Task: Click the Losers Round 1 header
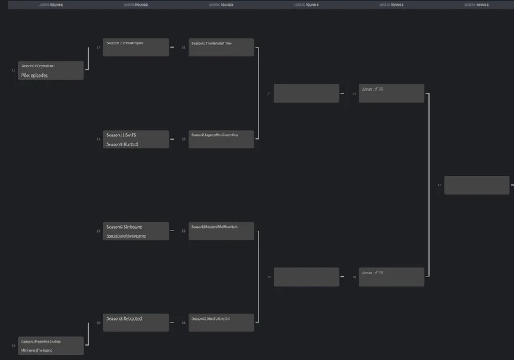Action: [50, 5]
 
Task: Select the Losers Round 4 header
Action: [306, 5]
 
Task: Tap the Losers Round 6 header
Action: [476, 5]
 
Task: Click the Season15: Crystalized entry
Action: [50, 66]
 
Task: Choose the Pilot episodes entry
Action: [50, 76]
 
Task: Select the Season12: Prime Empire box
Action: [135, 43]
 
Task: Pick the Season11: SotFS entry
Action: [135, 135]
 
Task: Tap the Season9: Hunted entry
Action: [135, 144]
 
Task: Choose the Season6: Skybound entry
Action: [135, 227]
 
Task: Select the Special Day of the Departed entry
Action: [135, 236]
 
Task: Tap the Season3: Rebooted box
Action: [135, 318]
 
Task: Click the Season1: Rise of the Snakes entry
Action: [50, 341]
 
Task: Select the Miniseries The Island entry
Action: [50, 350]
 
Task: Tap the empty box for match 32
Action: [476, 185]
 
